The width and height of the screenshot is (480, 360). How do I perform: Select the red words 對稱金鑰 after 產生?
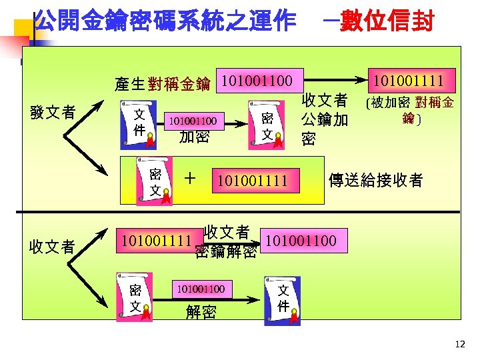point(179,84)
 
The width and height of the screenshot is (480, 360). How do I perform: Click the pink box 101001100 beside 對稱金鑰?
point(257,81)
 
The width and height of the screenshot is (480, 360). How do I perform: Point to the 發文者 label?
point(53,112)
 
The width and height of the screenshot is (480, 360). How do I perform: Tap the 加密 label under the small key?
point(194,138)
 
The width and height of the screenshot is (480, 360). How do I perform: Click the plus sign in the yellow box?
point(191,178)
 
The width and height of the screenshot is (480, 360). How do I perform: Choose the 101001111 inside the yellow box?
point(250,180)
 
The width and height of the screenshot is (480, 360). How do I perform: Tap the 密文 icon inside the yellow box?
point(155,181)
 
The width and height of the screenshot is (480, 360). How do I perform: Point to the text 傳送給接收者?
point(376,180)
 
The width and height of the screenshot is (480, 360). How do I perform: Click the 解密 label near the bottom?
point(200,311)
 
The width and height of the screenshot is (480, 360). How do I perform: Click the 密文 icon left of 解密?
point(134,298)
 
